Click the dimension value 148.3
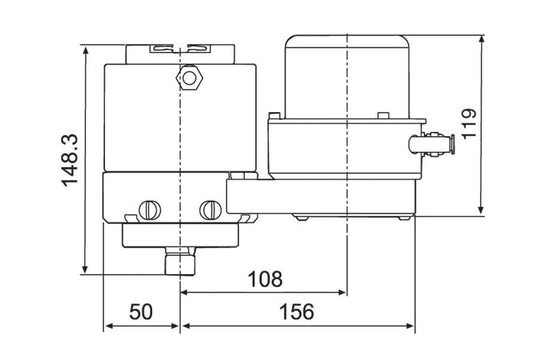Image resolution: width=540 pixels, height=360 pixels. (68, 158)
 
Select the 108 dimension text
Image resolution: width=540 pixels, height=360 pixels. (265, 279)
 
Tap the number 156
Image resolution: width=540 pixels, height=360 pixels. (297, 312)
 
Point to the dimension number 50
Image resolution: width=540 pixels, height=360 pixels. (142, 312)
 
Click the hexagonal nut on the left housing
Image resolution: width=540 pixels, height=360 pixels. (187, 76)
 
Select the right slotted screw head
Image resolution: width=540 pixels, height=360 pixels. (210, 210)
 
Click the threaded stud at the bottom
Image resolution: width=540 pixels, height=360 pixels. (180, 262)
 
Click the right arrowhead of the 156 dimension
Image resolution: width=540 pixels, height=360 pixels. (411, 326)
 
